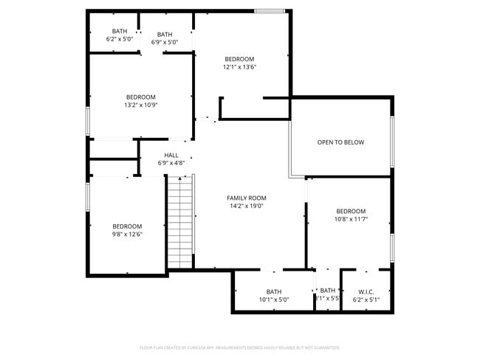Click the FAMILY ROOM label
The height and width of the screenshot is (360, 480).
click(x=246, y=198)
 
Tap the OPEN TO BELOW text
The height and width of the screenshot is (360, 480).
click(x=340, y=142)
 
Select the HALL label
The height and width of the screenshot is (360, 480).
click(x=171, y=155)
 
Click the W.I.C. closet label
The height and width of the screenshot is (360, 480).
click(x=366, y=291)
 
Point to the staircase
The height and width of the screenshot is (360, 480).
click(x=179, y=222)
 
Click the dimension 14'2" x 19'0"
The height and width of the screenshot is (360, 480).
click(x=246, y=207)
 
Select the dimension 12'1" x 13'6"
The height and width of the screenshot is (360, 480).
click(x=239, y=67)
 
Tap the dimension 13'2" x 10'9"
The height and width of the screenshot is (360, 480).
click(x=140, y=105)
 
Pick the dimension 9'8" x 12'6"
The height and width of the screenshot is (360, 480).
click(x=127, y=235)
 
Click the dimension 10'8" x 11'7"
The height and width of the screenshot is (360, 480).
click(x=351, y=219)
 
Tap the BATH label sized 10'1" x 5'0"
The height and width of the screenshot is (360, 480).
click(x=273, y=291)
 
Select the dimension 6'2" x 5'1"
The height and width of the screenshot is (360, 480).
click(x=366, y=300)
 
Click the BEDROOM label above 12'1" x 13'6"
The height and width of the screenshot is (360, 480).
click(x=239, y=59)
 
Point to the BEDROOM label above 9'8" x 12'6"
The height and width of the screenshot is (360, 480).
click(x=127, y=226)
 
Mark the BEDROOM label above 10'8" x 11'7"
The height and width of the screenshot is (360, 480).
click(x=351, y=211)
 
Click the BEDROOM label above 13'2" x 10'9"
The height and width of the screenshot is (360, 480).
click(x=140, y=97)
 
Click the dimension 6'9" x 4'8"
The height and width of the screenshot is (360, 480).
click(x=171, y=163)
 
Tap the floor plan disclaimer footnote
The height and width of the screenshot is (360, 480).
click(x=239, y=347)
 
